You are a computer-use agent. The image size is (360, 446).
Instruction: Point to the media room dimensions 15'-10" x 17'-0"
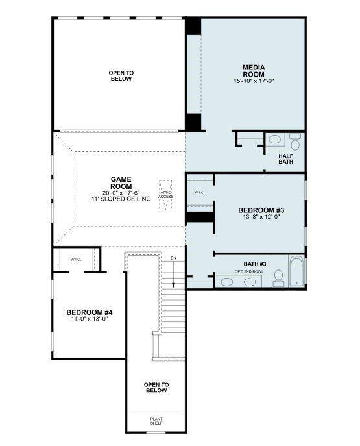point(254,81)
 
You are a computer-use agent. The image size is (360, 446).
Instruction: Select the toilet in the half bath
point(295,141)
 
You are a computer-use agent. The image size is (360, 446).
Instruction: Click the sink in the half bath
point(275,139)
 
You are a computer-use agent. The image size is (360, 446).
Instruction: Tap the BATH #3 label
point(254,264)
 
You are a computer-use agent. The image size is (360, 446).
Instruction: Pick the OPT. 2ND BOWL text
point(254,271)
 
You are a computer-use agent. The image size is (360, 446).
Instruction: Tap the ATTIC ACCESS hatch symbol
point(166,193)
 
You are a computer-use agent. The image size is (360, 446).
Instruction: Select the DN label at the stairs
point(173,258)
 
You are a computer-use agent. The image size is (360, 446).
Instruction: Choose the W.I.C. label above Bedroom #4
point(76,259)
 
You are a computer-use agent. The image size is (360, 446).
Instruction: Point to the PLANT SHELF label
point(156,421)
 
